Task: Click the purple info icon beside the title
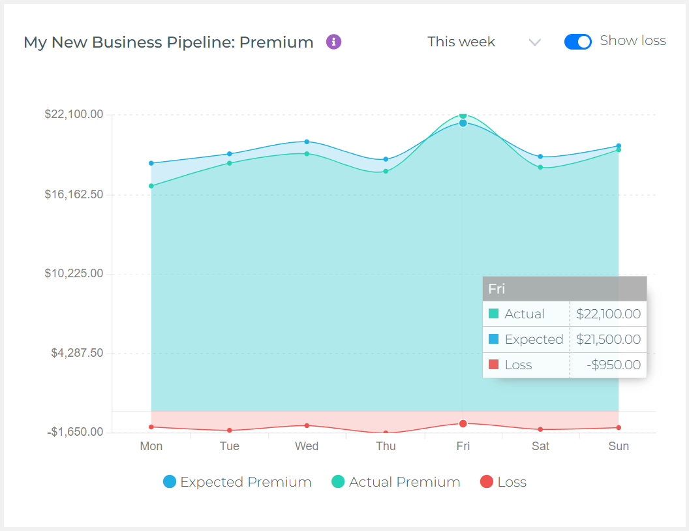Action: tap(333, 42)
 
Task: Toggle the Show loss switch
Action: tap(577, 42)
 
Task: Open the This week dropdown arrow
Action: tap(534, 42)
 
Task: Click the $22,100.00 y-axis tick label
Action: tap(74, 114)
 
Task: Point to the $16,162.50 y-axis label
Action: tap(74, 194)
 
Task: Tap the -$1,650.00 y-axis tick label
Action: tap(75, 432)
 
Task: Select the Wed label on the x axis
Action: tap(307, 446)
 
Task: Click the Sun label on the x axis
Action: tap(619, 446)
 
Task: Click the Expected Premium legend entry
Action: tap(237, 482)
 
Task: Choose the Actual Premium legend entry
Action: tap(395, 482)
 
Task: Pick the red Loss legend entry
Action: tap(503, 482)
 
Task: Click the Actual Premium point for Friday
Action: tap(463, 115)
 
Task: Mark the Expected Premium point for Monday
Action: tap(151, 163)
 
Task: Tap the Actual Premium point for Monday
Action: tap(151, 186)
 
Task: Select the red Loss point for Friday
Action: tap(463, 423)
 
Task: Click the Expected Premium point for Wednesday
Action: tap(307, 142)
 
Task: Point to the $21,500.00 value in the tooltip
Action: tap(608, 339)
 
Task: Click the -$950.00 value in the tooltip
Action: tap(613, 365)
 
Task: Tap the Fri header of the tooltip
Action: tap(497, 288)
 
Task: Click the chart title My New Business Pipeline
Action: tap(168, 42)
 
